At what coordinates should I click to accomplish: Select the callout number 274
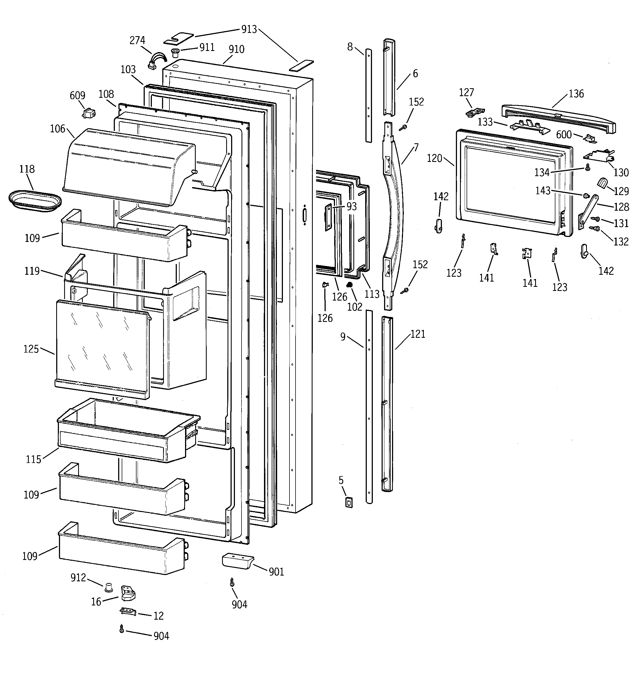137,40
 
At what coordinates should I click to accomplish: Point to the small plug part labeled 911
175,53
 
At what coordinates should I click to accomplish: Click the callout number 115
33,459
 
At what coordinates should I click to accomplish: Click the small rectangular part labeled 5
348,502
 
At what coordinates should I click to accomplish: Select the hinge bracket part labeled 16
128,594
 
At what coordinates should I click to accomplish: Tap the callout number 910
236,50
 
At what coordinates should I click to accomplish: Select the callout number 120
434,158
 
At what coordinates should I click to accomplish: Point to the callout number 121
418,334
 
